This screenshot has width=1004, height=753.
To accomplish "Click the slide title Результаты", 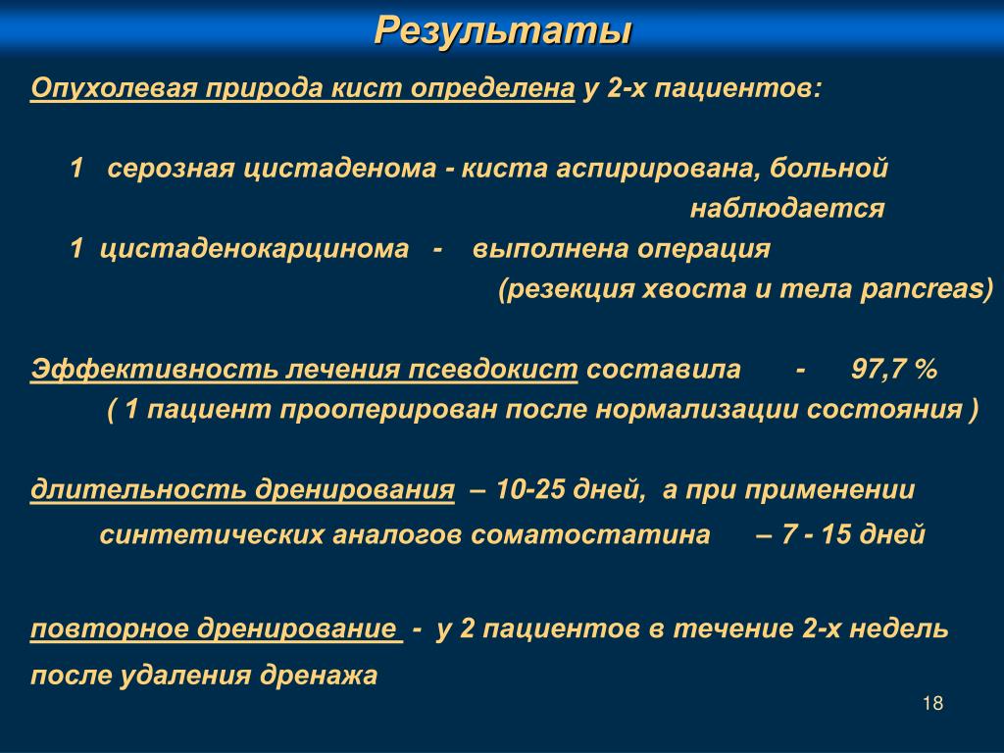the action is [503, 30].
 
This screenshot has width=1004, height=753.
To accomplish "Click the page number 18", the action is [933, 703].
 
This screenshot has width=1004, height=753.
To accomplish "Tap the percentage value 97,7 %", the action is [894, 370].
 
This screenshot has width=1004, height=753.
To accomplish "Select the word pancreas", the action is [923, 289].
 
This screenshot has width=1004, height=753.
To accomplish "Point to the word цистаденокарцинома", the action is [254, 249].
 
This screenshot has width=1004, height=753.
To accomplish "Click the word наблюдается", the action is [787, 208].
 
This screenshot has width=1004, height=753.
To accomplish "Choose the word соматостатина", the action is [590, 534].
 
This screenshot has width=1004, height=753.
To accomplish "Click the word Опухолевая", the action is [114, 88].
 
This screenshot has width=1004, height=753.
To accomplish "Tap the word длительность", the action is [138, 490].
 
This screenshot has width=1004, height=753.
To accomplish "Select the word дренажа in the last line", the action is [319, 676].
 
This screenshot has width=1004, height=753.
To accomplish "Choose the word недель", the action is [899, 628].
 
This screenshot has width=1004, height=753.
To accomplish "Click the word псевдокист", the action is [493, 370].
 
